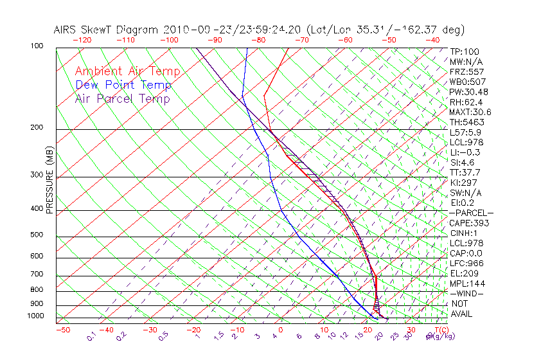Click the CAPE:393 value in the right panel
click(469, 223)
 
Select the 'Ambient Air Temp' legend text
click(127, 71)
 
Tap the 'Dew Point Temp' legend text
click(123, 85)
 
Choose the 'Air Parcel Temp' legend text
click(122, 98)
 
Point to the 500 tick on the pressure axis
click(37, 235)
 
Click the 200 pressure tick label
click(37, 128)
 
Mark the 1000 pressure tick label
click(35, 316)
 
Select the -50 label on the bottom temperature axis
click(62, 330)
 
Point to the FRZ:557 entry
click(466, 71)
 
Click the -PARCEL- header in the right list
click(472, 213)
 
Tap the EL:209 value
click(463, 273)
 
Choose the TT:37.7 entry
click(465, 172)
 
